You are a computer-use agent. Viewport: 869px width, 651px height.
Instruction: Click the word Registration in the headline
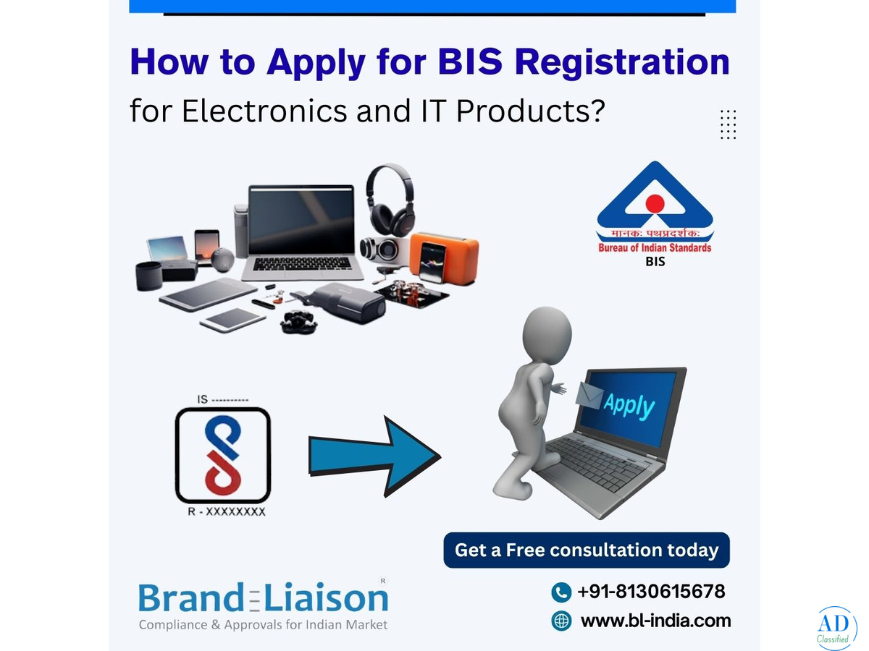point(621,63)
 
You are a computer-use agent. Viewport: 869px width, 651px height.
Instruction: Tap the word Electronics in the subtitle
point(264,111)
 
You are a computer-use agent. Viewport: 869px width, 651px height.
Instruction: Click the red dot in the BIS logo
point(655,203)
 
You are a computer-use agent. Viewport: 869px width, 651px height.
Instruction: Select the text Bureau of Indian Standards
point(655,248)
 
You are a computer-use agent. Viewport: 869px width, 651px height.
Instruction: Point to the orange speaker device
point(443,258)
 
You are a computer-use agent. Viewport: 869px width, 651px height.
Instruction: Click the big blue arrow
point(374,456)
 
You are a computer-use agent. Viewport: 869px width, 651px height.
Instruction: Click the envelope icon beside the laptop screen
point(589,395)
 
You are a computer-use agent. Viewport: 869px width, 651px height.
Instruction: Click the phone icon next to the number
point(561,592)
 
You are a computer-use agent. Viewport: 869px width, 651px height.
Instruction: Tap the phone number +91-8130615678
point(651,592)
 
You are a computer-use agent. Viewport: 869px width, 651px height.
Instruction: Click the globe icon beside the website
point(561,621)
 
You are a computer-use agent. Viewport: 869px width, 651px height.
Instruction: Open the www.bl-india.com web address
point(655,621)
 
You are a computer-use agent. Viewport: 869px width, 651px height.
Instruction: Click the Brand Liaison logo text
point(264,597)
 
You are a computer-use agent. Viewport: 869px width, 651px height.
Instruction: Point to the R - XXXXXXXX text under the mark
point(227,512)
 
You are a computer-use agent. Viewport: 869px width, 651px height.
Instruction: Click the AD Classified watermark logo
point(836,629)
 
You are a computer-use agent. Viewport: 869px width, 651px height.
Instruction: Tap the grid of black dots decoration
point(728,124)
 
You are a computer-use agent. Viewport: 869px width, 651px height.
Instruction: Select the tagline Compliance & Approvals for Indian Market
point(264,625)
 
